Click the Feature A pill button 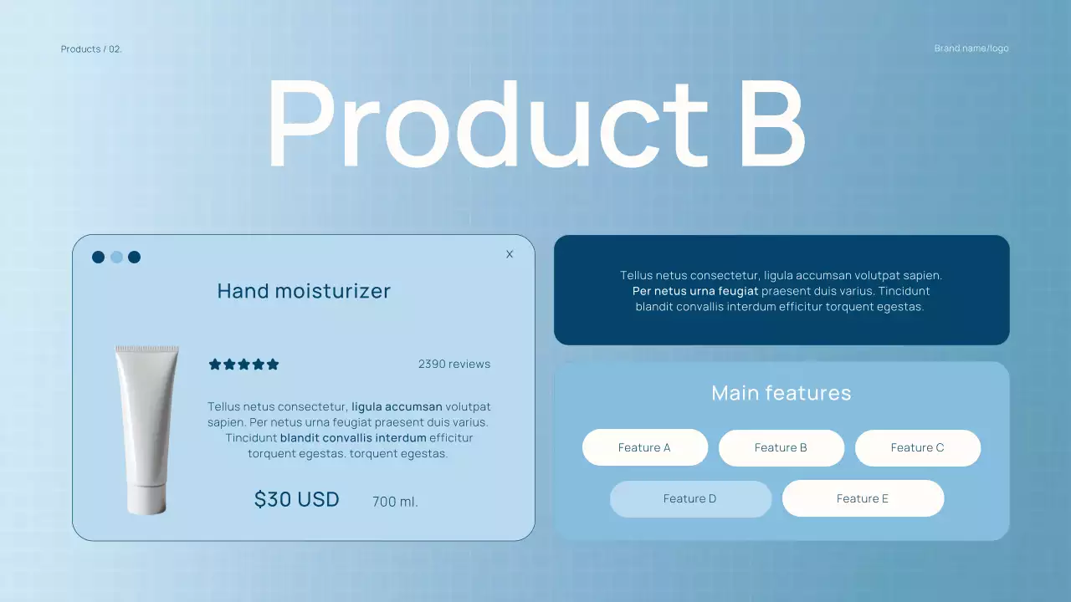point(644,448)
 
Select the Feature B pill point(781,448)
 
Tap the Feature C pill point(917,448)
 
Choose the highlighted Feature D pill point(690,499)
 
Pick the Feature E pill point(863,499)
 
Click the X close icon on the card point(510,254)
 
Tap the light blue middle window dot point(116,257)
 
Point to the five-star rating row point(243,365)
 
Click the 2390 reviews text point(454,365)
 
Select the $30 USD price point(297,500)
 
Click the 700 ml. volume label point(395,503)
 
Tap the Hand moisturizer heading point(304,291)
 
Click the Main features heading point(781,393)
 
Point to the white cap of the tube point(146,502)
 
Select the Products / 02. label point(91,49)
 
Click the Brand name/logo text point(971,48)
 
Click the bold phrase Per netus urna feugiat point(695,292)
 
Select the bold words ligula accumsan point(397,407)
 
